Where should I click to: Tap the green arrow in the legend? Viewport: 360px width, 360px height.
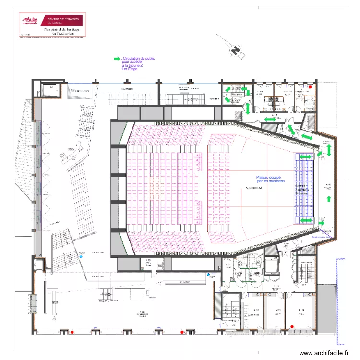point(117,59)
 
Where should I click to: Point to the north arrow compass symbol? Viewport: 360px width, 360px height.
point(235,49)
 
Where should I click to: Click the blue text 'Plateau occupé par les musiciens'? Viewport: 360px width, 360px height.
point(270,179)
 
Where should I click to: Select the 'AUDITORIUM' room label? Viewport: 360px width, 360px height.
point(253,188)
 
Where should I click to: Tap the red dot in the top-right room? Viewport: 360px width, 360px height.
point(311,87)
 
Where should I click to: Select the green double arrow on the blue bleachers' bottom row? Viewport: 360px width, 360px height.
point(306,220)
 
